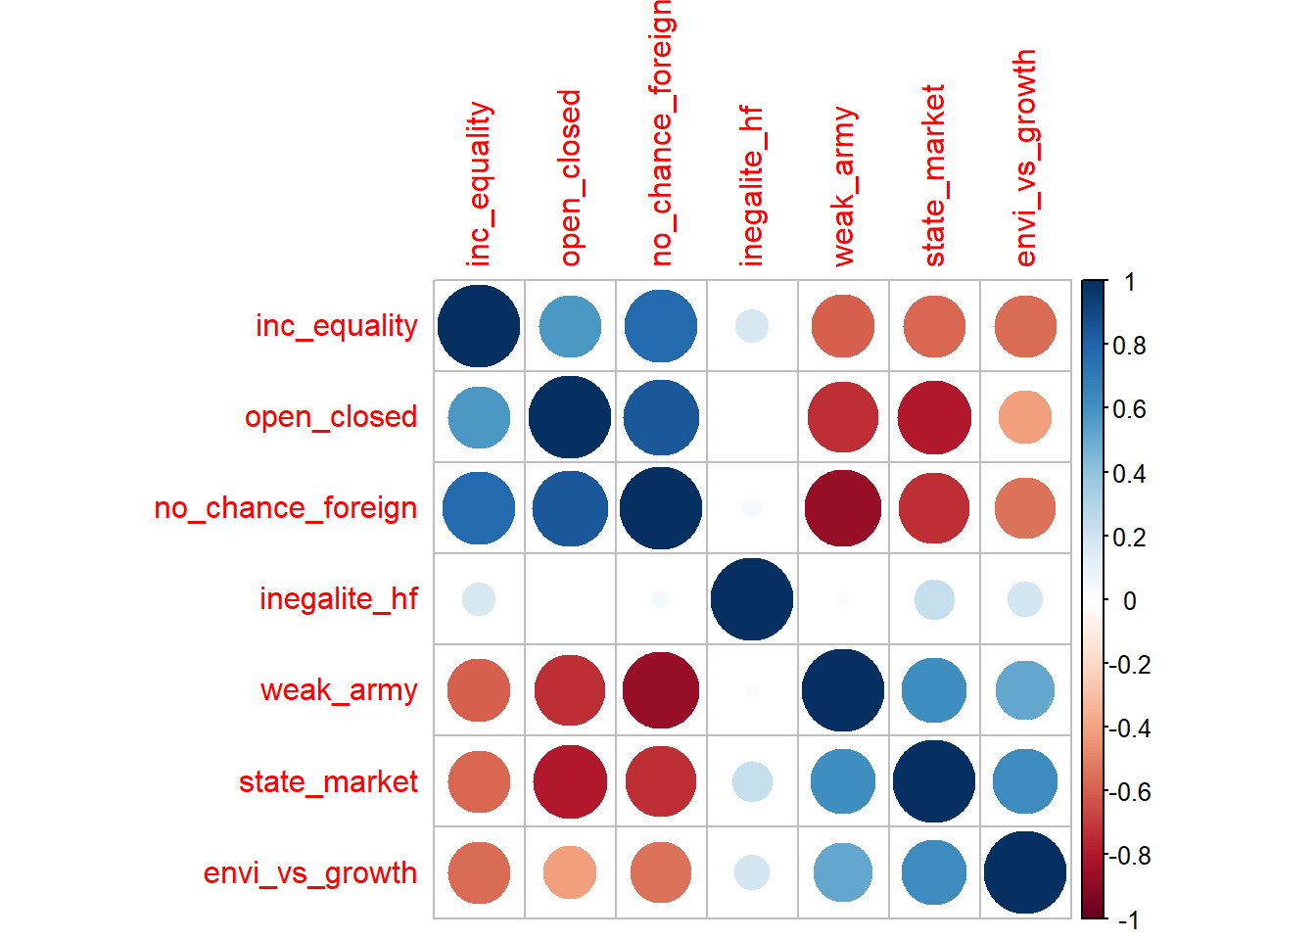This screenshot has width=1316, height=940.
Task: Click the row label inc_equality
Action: pos(336,325)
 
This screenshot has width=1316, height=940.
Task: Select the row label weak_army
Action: pos(339,690)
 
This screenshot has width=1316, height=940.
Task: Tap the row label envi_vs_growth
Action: pos(310,872)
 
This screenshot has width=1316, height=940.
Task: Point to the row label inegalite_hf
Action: pos(339,598)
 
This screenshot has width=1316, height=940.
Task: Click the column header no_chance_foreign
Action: pos(662,132)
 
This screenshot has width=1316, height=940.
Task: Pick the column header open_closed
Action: pos(571,178)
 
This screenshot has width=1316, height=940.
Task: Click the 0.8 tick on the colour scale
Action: pos(1129,346)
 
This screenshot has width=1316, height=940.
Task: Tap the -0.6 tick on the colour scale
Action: pos(1128,792)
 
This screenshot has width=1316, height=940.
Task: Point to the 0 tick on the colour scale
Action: pos(1129,601)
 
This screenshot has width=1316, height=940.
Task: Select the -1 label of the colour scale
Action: pos(1128,919)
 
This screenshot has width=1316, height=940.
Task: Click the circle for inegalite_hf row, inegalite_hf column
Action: pos(752,599)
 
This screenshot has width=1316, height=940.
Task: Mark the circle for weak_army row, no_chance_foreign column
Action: pos(661,690)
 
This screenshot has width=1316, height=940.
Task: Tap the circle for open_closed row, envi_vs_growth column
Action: pos(1025,417)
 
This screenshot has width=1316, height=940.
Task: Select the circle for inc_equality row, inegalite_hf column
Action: pos(752,326)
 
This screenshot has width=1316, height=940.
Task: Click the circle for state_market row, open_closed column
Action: pos(570,781)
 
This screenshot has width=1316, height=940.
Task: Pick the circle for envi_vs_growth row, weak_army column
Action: pos(843,872)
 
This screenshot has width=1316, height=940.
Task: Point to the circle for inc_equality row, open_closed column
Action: pos(570,326)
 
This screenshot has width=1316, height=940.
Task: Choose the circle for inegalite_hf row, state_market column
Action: pos(934,599)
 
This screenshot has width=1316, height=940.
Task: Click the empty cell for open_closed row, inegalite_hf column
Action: pos(752,417)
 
